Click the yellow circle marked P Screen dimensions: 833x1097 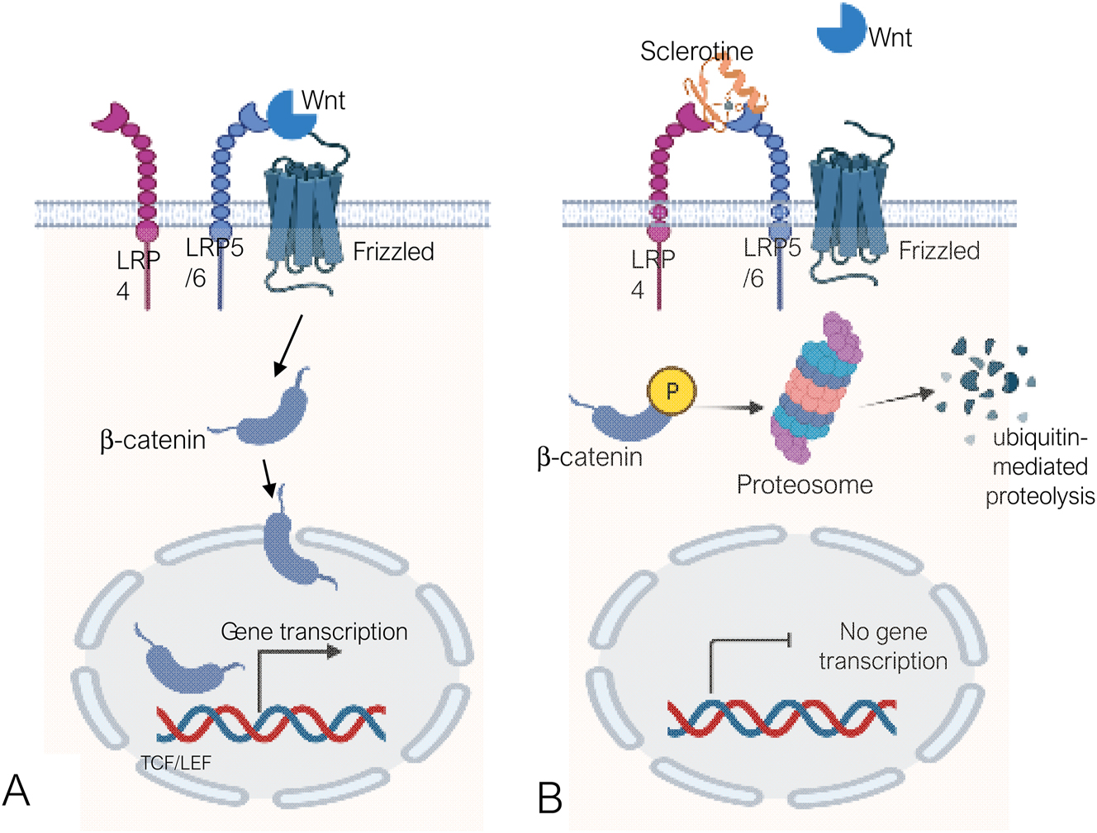pos(672,390)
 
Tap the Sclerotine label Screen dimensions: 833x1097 pos(696,51)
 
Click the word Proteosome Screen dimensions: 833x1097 pos(805,485)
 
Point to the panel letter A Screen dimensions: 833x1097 pos(17,791)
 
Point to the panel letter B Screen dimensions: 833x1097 pos(549,798)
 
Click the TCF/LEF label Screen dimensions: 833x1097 pos(176,763)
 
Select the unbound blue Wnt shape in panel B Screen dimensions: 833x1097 pos(839,27)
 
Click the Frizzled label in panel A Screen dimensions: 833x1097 pos(393,252)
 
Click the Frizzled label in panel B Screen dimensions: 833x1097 pos(938,251)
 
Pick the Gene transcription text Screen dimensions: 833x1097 pos(314,632)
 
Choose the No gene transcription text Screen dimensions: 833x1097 pos(883,646)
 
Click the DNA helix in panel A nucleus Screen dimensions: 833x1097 pos(271,724)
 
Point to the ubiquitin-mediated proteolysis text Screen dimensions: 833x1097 pos(1039,466)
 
